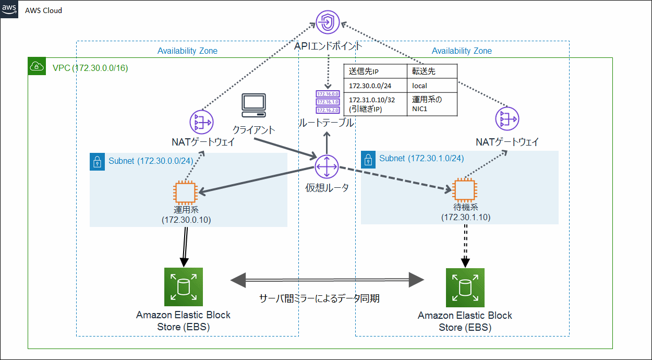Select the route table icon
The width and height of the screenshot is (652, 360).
tap(327, 102)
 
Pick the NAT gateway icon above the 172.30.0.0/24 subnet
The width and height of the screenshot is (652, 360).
tap(201, 122)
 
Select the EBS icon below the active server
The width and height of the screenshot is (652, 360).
tap(183, 286)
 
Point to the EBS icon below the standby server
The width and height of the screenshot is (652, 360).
tap(465, 287)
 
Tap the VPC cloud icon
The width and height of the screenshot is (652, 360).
tap(37, 66)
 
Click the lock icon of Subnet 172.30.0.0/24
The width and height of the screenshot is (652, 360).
tap(98, 161)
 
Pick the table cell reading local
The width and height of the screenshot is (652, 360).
tap(419, 85)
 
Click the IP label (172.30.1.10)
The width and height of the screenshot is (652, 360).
tap(466, 217)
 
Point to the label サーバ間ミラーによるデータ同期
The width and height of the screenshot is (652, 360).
tap(319, 298)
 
